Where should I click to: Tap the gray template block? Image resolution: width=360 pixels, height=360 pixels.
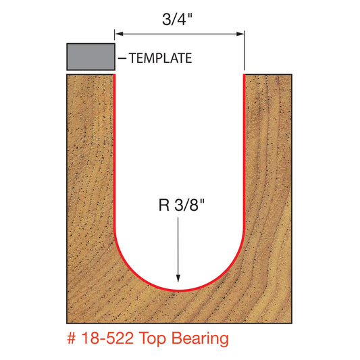pos(90,57)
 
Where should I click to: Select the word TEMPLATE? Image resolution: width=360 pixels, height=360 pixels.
pos(161,59)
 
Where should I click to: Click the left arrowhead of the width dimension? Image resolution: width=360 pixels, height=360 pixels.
pos(118,33)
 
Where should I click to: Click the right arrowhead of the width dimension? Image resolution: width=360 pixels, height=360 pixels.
pos(240,33)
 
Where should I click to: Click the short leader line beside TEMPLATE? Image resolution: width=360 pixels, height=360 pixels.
pos(122,59)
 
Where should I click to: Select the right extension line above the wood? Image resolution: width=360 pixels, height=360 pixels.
pos(243,51)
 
